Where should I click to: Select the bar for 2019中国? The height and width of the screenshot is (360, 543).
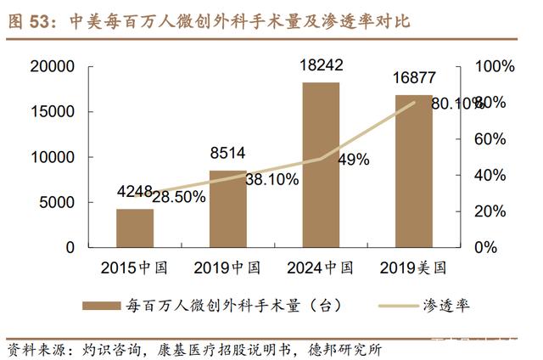[x=228, y=209]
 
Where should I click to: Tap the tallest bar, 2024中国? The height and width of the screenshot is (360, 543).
[x=321, y=165]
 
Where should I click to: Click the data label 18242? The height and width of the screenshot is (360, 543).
[x=322, y=63]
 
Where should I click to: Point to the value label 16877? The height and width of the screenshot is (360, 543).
[x=414, y=78]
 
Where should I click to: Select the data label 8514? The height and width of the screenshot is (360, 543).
[x=228, y=154]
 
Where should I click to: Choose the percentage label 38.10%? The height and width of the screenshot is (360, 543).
[x=270, y=179]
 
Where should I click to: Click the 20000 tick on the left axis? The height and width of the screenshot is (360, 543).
[x=52, y=66]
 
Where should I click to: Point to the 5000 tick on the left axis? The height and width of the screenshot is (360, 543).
[x=57, y=202]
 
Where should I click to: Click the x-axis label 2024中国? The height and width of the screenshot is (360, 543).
[x=321, y=268]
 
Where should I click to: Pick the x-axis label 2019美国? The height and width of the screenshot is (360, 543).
[x=413, y=268]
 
